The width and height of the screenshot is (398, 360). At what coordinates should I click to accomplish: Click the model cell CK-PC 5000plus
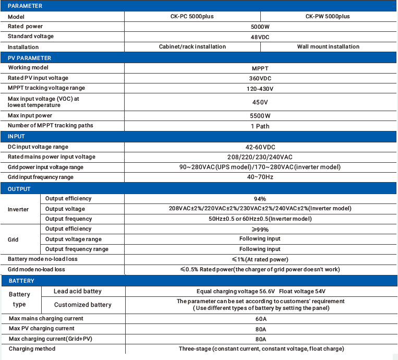click(x=192, y=16)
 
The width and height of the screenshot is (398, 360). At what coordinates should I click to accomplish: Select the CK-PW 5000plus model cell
click(x=328, y=16)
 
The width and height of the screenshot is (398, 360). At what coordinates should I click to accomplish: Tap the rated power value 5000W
click(x=260, y=26)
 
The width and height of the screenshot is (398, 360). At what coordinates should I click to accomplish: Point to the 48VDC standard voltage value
click(x=260, y=37)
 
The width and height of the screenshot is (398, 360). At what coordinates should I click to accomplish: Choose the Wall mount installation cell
click(x=328, y=46)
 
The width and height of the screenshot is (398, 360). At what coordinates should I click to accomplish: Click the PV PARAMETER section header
click(x=30, y=58)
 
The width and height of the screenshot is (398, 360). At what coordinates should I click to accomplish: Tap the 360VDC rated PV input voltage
click(x=260, y=78)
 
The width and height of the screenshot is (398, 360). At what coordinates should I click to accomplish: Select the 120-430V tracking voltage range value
click(x=260, y=89)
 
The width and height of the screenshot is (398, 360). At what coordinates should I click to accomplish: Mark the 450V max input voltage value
click(x=260, y=102)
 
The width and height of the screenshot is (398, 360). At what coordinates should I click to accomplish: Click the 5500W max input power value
click(x=260, y=116)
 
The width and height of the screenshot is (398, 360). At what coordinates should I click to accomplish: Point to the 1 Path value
click(x=260, y=126)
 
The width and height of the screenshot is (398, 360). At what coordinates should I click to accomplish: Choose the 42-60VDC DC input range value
click(x=260, y=147)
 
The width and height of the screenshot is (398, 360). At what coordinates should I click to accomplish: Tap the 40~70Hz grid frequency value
click(x=260, y=177)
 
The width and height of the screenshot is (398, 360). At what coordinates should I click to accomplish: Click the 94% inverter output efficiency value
click(x=260, y=199)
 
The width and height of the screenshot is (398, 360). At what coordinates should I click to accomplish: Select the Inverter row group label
click(x=18, y=209)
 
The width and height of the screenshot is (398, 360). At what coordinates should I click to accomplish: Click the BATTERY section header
click(x=21, y=281)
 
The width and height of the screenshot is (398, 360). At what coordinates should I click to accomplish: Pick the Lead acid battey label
click(x=78, y=291)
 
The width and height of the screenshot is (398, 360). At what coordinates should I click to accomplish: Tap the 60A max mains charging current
click(x=260, y=319)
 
